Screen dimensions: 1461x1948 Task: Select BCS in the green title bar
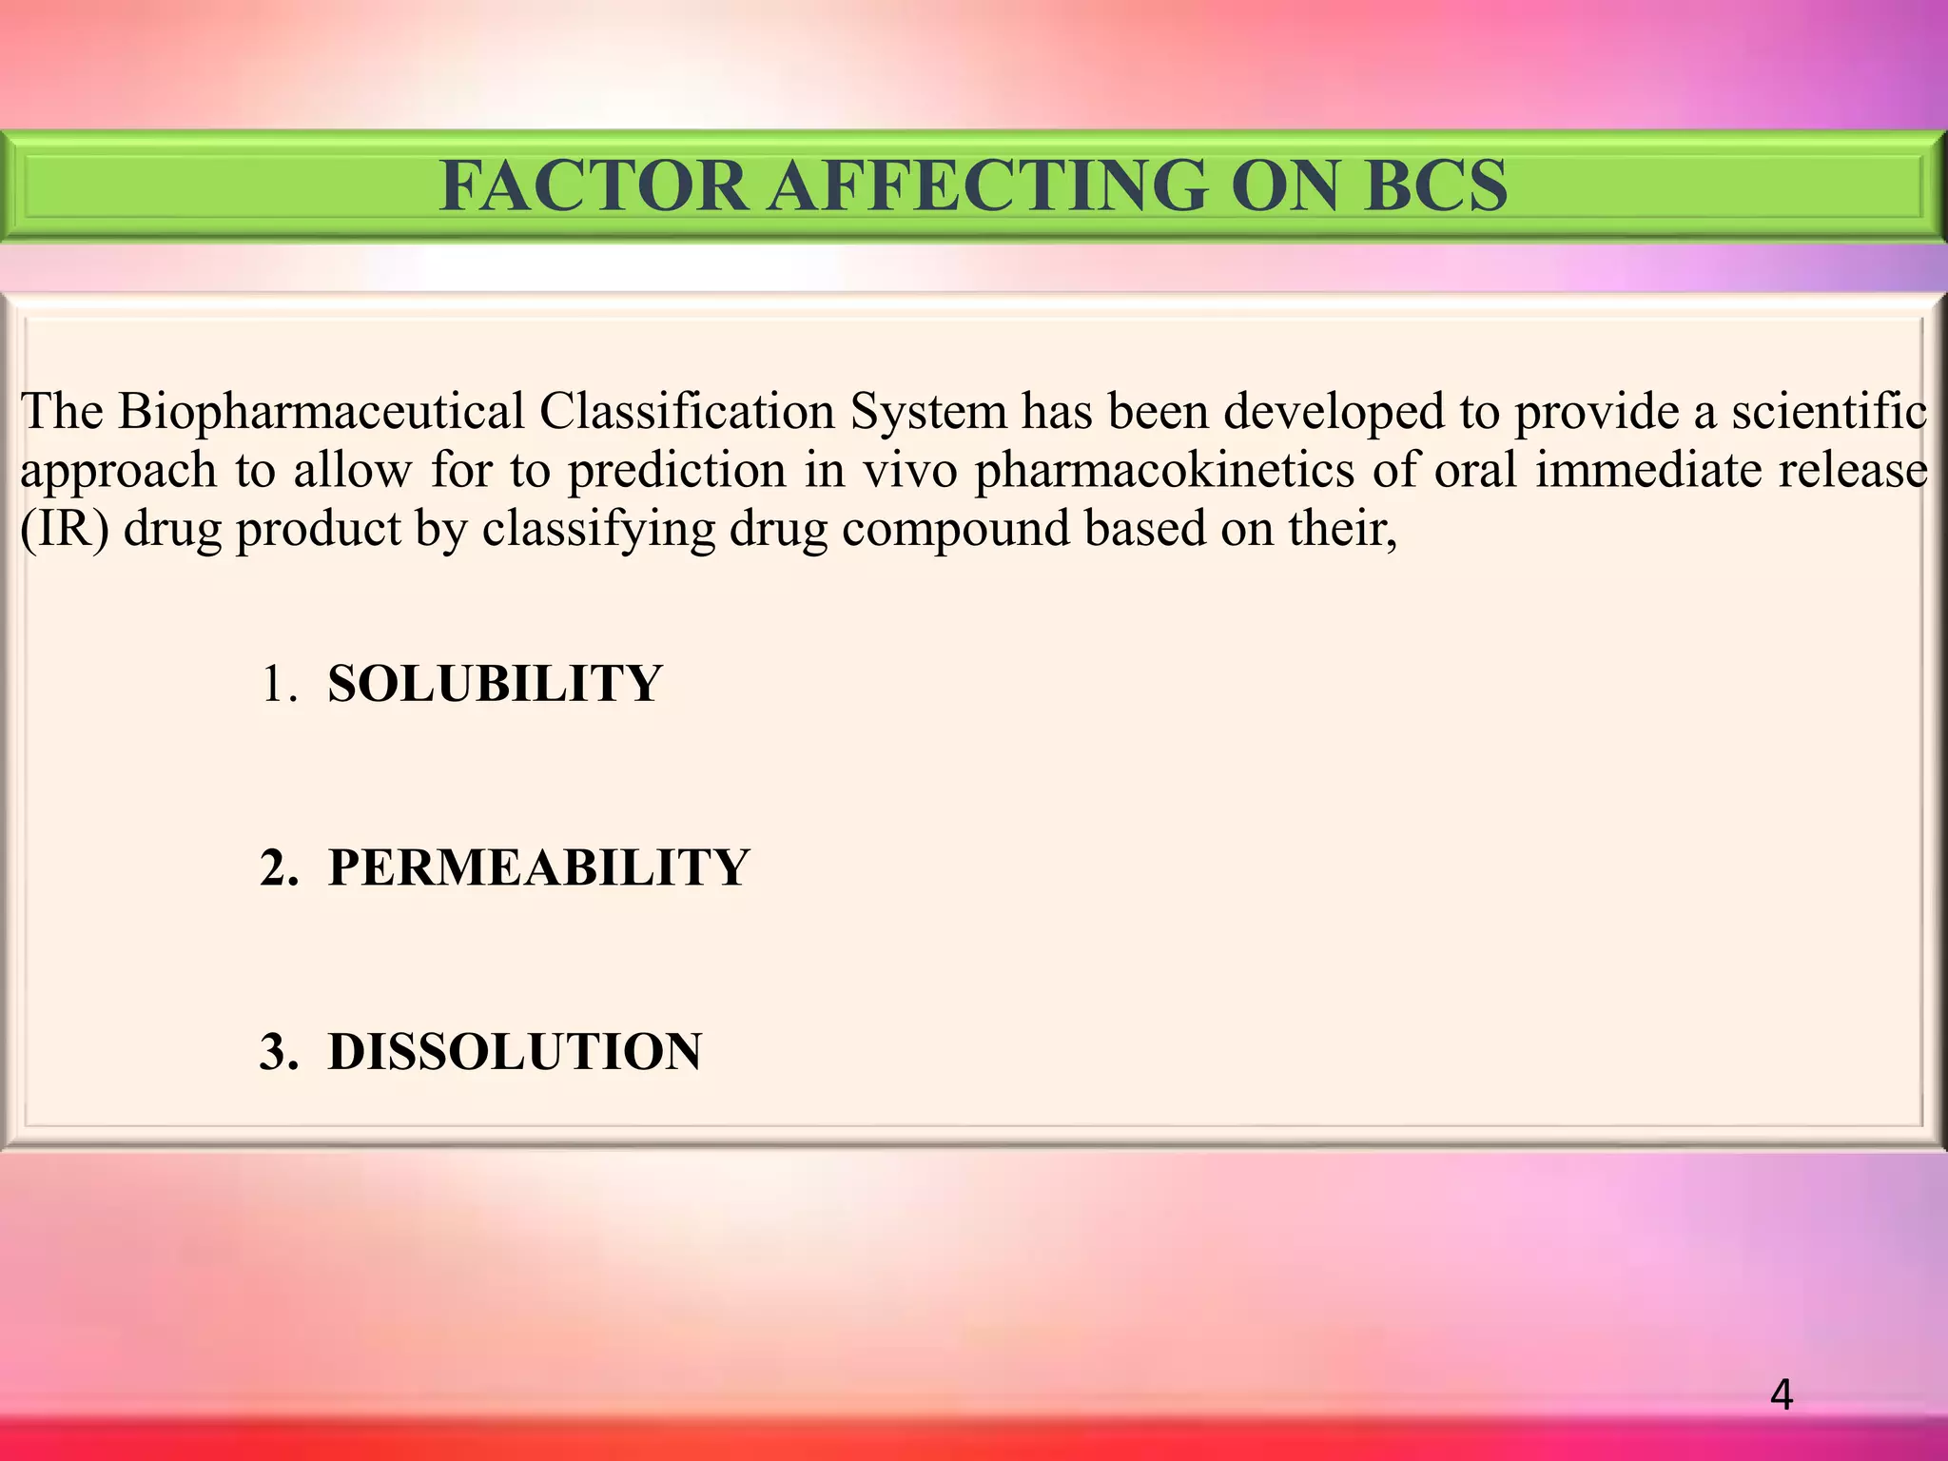(1435, 185)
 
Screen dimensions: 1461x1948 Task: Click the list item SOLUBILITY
(494, 683)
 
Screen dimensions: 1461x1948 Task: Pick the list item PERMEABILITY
(538, 867)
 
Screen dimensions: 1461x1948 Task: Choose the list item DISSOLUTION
(515, 1051)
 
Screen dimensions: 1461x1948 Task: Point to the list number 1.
(277, 684)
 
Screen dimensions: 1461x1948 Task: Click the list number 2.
(277, 867)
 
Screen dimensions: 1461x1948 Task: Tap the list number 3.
(277, 1052)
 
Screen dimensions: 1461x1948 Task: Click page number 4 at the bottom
(1782, 1395)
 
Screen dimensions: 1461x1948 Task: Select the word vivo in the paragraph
(909, 471)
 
